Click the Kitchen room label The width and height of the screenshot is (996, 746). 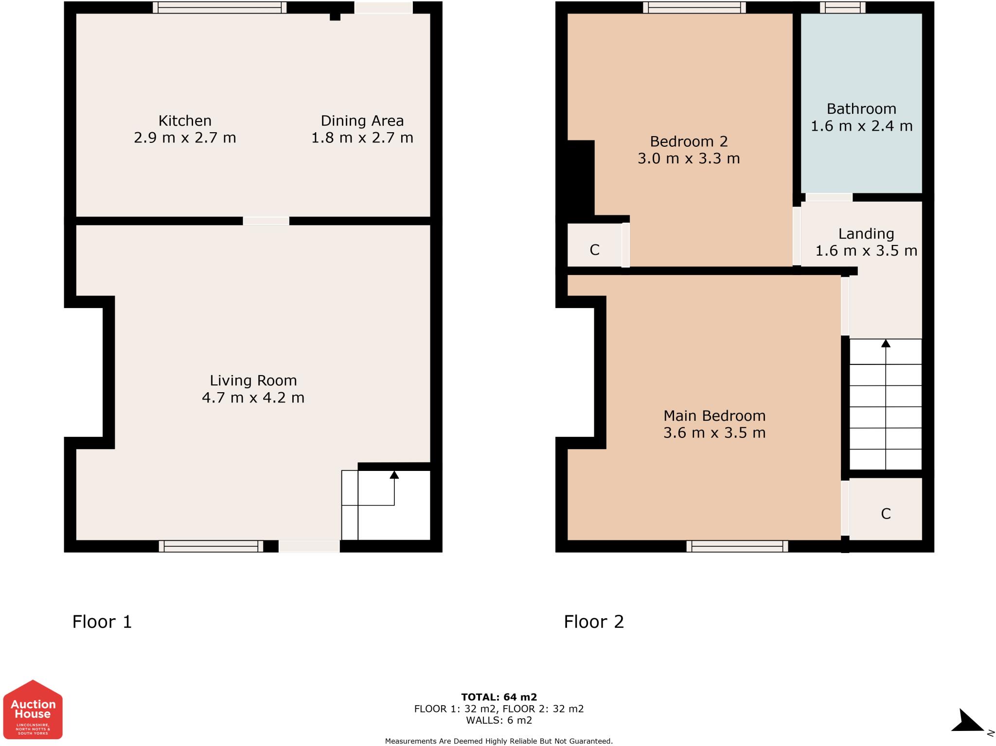point(185,121)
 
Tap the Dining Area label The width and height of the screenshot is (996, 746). point(362,121)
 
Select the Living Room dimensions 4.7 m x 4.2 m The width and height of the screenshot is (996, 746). point(253,398)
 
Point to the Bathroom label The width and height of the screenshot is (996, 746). point(861,109)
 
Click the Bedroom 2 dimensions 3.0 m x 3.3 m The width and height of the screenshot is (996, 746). point(689,158)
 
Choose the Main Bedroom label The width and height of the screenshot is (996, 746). point(714,416)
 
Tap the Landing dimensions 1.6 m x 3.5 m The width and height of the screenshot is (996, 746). point(866,251)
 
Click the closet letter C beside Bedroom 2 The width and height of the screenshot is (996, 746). point(594,250)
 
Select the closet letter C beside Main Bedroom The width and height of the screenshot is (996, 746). point(886,514)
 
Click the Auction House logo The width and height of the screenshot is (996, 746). point(33,709)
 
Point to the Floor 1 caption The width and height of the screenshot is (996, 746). point(102,622)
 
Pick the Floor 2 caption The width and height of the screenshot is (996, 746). point(594,622)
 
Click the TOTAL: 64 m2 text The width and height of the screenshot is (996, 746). point(499,698)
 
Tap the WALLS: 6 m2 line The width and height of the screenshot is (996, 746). point(499,720)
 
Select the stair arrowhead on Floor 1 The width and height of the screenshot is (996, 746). point(394,474)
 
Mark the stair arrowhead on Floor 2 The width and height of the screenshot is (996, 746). point(886,343)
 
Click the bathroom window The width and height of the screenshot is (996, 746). point(842,7)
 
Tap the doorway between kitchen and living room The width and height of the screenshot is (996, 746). point(266,221)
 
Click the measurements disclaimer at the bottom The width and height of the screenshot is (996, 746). point(499,741)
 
